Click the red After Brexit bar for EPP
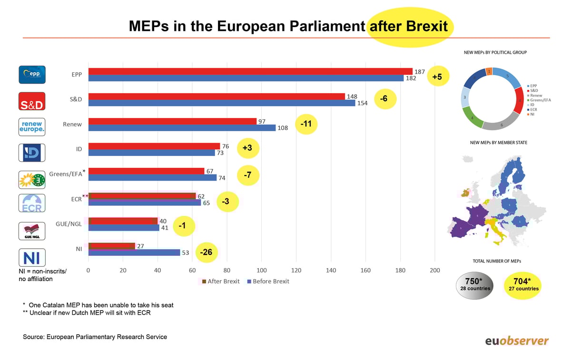pos(250,71)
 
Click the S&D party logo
pos(32,101)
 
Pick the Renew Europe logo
pos(32,127)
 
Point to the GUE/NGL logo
pos(32,231)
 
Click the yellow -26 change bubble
pos(206,253)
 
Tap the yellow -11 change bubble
pos(306,125)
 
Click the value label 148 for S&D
pos(352,97)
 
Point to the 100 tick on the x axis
pos(261,271)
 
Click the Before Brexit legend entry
pos(268,281)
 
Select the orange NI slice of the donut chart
pos(489,71)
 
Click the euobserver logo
pos(516,341)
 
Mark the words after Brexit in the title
pos(409,26)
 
